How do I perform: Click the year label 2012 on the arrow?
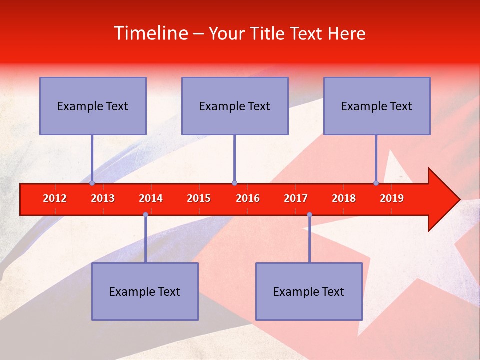click(55, 198)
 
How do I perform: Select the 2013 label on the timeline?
click(103, 198)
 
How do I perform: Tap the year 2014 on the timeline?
click(151, 198)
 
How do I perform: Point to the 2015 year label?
click(199, 198)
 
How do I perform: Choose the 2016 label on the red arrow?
click(248, 198)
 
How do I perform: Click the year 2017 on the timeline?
click(296, 198)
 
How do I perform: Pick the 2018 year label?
click(344, 198)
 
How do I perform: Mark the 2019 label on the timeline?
click(392, 198)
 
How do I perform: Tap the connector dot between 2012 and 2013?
click(92, 183)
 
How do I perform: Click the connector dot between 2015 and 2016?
click(234, 183)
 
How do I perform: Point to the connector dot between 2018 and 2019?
click(376, 183)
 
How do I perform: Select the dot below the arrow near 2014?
click(145, 215)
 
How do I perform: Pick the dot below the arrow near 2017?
click(309, 215)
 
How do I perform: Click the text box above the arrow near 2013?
click(93, 106)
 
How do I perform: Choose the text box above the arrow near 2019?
click(377, 106)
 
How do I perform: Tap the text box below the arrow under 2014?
click(145, 291)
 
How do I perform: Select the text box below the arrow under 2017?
click(309, 291)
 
